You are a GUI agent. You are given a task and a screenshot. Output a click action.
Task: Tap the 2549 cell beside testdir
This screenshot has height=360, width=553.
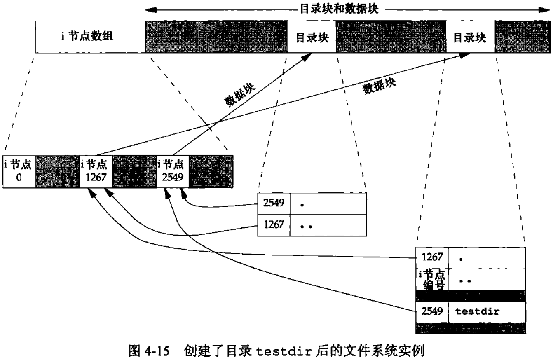pos(431,311)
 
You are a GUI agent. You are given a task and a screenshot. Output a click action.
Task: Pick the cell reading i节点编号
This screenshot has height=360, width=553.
pos(431,279)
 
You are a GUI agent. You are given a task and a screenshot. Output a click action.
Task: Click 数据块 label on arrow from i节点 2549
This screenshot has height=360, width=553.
pos(240,95)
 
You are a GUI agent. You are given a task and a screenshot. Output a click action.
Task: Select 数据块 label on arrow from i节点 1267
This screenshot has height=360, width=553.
pos(379,86)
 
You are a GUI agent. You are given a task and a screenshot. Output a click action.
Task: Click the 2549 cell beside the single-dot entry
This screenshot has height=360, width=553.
pos(274,203)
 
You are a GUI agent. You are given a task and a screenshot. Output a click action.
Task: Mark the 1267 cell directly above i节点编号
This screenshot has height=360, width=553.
pos(431,257)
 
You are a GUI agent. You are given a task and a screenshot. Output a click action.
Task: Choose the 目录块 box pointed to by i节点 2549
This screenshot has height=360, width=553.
pos(312,37)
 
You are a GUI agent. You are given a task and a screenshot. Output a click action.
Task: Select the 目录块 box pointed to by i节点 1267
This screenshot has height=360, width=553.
pos(470,37)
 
